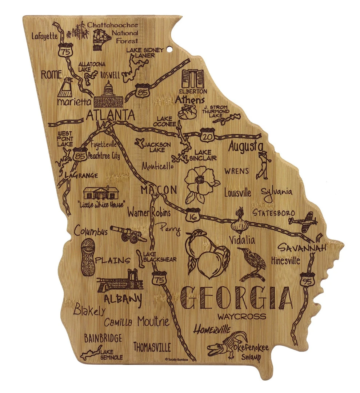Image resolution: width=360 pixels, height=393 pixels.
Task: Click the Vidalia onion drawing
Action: pyautogui.click(x=239, y=221)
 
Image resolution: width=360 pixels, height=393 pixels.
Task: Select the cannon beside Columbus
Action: pyautogui.click(x=128, y=234)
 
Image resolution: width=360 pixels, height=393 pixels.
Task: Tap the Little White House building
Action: pyautogui.click(x=101, y=192)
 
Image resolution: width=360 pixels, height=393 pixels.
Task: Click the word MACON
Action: pyautogui.click(x=159, y=190)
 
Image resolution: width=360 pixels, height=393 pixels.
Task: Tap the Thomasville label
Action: pyautogui.click(x=152, y=347)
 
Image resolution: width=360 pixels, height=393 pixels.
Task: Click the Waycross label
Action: pyautogui.click(x=242, y=316)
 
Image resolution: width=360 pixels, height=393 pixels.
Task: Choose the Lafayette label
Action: pyautogui.click(x=44, y=36)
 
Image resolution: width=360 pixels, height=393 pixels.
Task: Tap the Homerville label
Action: pyautogui.click(x=212, y=330)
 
